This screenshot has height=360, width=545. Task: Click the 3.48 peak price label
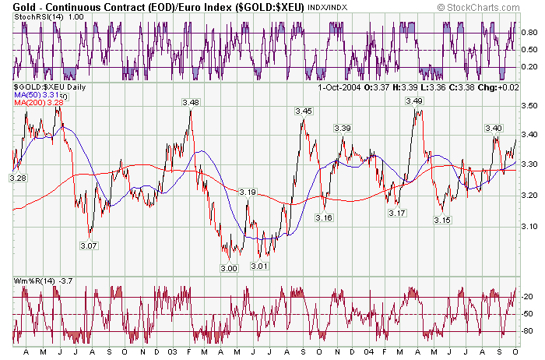pos(190,103)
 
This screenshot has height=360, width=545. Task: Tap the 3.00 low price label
pos(228,268)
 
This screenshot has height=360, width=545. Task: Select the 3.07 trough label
pos(89,245)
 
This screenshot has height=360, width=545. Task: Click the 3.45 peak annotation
pos(304,112)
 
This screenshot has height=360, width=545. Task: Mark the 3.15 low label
pos(442,221)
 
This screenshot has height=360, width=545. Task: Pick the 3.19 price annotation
pos(248,192)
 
